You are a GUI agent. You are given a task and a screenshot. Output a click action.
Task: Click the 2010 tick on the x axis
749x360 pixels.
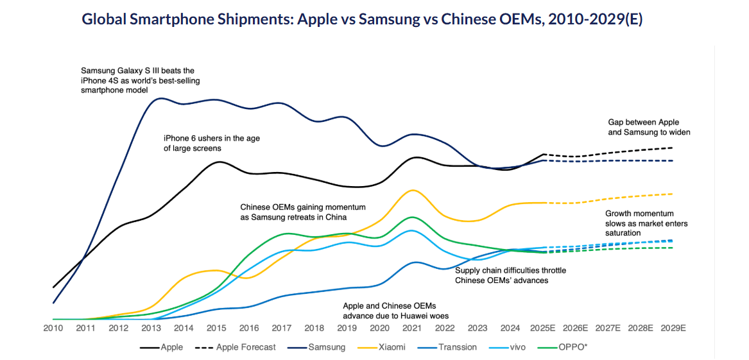(53, 328)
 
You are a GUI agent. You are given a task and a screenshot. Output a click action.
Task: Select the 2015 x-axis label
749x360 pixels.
(216, 328)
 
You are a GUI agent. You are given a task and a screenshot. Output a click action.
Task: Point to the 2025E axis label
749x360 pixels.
(542, 328)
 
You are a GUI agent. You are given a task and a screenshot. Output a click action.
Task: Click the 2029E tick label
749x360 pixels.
(673, 328)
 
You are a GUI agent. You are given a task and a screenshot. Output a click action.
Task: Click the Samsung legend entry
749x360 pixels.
(327, 347)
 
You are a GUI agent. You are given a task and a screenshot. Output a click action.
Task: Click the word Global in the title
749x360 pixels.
(103, 19)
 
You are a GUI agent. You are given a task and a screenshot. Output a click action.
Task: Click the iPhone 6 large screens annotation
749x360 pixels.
(211, 143)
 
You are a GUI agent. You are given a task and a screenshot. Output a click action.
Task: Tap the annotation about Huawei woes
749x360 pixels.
(395, 311)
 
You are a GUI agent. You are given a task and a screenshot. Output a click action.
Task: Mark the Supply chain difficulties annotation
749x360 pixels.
(510, 275)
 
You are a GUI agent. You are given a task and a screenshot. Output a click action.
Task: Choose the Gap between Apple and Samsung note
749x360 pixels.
(648, 127)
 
